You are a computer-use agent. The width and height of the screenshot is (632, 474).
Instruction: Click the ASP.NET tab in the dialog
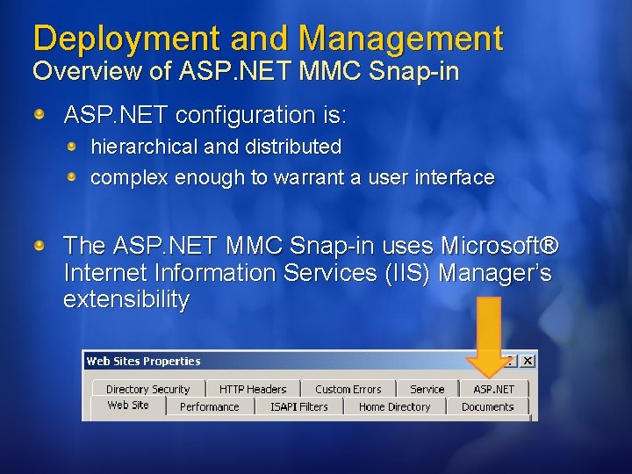(494, 389)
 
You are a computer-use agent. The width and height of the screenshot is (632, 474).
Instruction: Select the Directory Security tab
(147, 389)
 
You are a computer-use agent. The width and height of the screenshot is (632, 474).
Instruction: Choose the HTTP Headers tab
(253, 389)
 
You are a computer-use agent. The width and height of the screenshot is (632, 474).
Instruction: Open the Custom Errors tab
(348, 389)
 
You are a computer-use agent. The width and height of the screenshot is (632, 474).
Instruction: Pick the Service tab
(427, 389)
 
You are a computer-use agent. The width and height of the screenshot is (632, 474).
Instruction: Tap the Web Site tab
(128, 406)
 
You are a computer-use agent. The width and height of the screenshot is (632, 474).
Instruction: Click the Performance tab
(209, 406)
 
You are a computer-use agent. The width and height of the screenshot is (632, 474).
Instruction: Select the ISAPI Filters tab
(299, 406)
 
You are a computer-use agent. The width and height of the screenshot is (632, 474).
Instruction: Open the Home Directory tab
(395, 406)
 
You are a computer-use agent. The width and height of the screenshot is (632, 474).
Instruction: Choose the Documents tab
(487, 406)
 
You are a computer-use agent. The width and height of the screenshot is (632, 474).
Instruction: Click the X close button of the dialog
(527, 361)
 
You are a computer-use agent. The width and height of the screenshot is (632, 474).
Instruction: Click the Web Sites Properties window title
(143, 361)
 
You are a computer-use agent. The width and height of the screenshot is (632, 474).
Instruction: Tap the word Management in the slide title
(400, 39)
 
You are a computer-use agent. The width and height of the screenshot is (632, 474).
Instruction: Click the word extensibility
(126, 299)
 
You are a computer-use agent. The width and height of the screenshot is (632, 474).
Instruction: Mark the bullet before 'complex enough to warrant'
(75, 177)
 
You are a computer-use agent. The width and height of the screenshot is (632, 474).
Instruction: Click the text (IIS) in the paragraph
(408, 273)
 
